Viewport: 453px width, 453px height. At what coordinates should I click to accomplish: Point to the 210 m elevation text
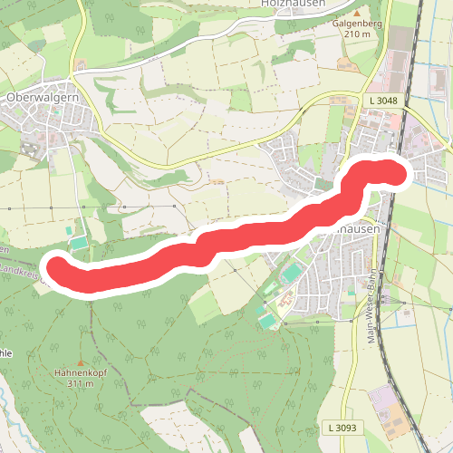[x=358, y=34]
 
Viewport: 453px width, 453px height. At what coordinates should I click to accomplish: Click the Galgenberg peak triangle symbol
[x=342, y=63]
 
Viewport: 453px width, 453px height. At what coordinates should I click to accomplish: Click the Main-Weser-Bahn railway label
[x=371, y=308]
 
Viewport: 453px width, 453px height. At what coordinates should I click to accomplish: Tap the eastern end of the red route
[x=397, y=171]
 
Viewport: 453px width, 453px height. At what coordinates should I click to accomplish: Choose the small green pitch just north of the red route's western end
[x=79, y=242]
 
